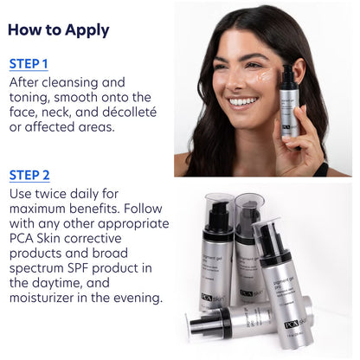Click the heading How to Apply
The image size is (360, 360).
click(x=58, y=30)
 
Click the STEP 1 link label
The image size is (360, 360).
click(x=29, y=64)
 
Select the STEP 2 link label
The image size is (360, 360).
click(x=29, y=176)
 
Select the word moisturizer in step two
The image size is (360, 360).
click(x=51, y=298)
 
